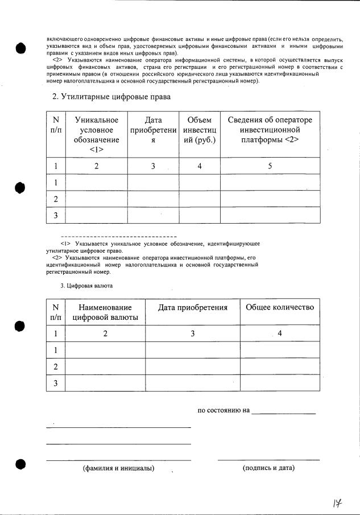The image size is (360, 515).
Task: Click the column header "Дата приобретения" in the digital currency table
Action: click(193, 307)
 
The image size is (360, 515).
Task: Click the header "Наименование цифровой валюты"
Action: click(105, 312)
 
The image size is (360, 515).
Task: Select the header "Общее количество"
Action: click(279, 307)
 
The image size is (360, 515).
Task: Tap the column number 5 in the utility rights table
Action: click(270, 166)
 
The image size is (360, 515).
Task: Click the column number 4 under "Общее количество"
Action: click(279, 333)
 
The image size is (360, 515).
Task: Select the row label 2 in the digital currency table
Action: click(56, 366)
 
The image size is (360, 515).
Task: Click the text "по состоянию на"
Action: click(224, 410)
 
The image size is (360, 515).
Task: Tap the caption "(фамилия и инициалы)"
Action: click(118, 468)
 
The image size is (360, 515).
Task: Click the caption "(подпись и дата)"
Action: click(268, 468)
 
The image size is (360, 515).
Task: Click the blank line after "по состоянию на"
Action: click(283, 413)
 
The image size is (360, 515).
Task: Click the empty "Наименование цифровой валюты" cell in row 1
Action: click(105, 350)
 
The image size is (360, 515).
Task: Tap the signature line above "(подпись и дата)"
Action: click(268, 459)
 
